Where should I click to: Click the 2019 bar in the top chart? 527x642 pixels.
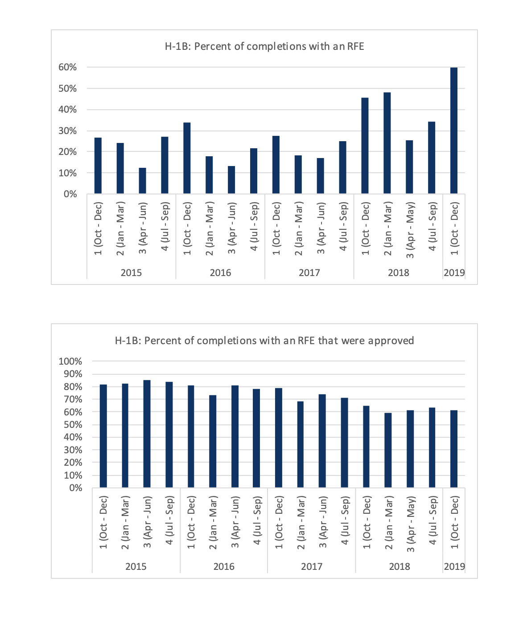(x=454, y=131)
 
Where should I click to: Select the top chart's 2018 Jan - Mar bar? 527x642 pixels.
(x=387, y=143)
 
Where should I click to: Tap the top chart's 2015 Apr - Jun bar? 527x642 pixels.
(x=142, y=181)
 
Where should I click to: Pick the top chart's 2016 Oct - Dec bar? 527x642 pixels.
(x=187, y=158)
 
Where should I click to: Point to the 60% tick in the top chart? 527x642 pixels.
(x=68, y=67)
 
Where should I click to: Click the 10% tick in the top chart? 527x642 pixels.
(x=68, y=173)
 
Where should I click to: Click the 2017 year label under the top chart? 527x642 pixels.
(x=309, y=272)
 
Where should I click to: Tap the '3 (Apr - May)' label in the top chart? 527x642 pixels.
(x=410, y=230)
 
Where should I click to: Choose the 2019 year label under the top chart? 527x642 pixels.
(x=454, y=272)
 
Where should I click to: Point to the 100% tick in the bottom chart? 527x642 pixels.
(x=70, y=361)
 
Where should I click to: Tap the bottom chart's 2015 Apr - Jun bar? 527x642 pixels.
(x=147, y=434)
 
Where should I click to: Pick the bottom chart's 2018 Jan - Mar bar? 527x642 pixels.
(x=388, y=450)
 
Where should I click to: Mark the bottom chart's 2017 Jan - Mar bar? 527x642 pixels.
(x=301, y=444)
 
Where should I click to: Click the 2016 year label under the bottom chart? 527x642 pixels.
(x=224, y=566)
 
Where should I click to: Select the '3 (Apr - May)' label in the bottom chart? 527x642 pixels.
(x=411, y=524)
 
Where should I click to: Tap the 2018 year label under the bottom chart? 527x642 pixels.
(x=399, y=566)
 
